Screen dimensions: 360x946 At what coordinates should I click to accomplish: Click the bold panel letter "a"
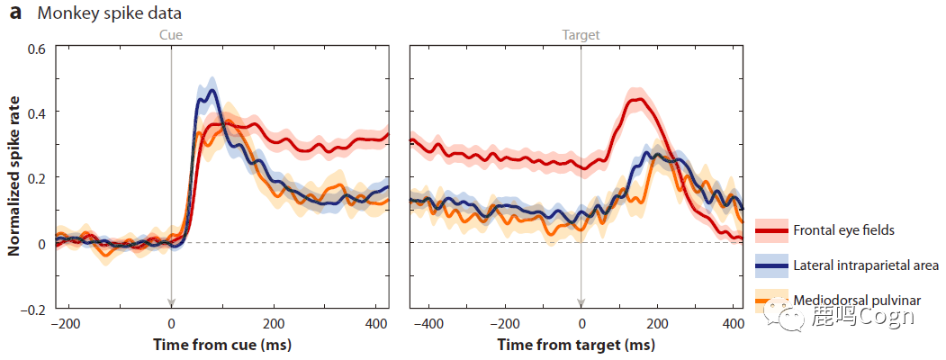click(x=15, y=14)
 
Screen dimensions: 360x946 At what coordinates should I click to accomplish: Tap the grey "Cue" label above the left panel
click(x=171, y=35)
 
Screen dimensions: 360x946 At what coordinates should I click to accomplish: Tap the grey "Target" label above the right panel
click(x=581, y=35)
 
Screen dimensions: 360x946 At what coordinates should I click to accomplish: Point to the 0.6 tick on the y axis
click(x=35, y=47)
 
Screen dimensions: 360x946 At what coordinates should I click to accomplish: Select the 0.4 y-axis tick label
click(x=35, y=112)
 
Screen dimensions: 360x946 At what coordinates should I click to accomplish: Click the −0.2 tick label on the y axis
click(x=32, y=310)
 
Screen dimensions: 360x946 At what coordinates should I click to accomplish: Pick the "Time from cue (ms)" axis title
click(x=221, y=345)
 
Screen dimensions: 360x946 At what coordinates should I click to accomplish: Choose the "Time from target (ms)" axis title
click(x=576, y=345)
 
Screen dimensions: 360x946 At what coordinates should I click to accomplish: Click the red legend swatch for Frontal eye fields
click(x=771, y=230)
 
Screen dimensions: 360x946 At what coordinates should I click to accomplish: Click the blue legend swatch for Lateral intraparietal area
click(x=771, y=265)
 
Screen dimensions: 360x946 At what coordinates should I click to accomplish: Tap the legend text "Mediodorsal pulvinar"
click(x=856, y=300)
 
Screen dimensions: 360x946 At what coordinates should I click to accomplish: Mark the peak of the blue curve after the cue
click(x=212, y=90)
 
